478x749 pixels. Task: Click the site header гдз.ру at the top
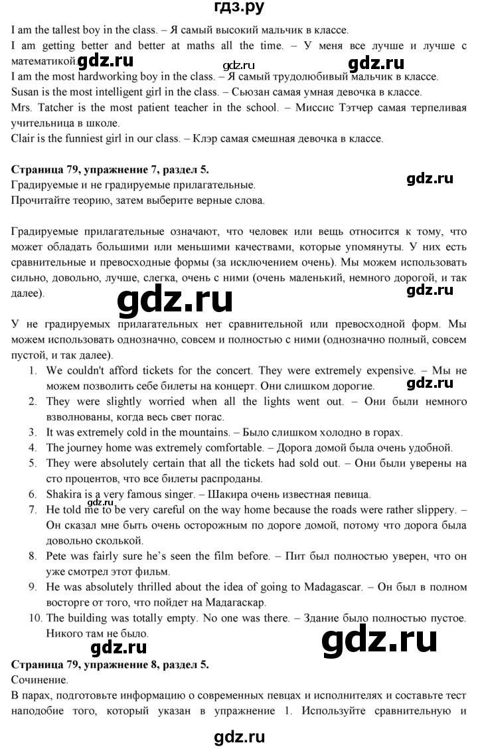(239, 9)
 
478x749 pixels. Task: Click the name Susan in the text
(27, 92)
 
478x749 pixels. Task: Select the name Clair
(23, 138)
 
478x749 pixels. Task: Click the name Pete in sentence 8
(56, 556)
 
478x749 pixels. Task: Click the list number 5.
(33, 463)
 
